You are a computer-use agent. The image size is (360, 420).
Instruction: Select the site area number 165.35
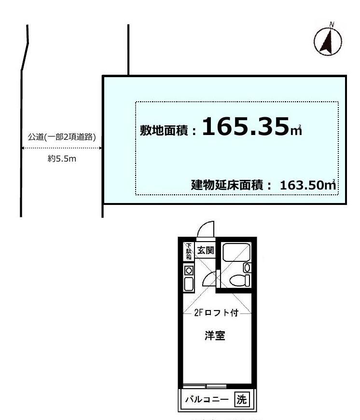[x=246, y=128]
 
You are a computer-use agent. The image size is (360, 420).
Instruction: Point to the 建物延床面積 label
[x=227, y=185]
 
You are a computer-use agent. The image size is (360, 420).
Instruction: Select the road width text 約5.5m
[x=62, y=159]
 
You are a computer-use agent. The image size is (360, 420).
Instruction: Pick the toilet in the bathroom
[x=238, y=280]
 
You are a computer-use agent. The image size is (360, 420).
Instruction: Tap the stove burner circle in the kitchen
[x=189, y=271]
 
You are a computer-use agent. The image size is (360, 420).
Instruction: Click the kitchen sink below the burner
[x=189, y=285]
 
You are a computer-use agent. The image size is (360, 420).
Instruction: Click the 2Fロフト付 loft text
[x=217, y=312]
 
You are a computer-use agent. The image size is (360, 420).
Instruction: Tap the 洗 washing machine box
[x=242, y=399]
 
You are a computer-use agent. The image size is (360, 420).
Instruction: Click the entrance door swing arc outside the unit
[x=206, y=229]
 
